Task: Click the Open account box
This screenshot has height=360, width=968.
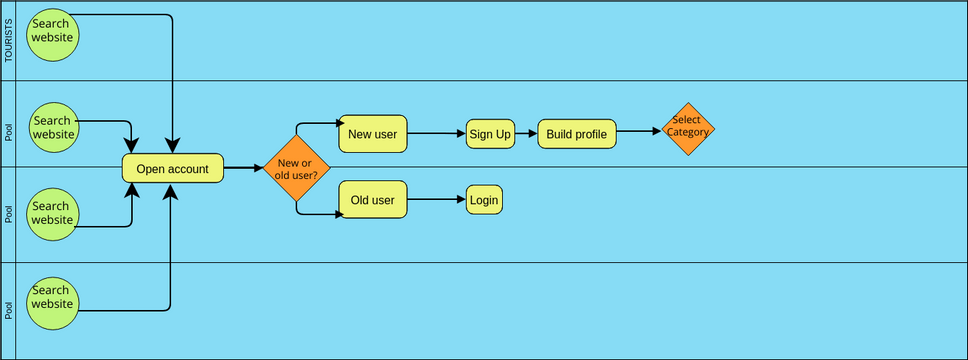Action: (172, 169)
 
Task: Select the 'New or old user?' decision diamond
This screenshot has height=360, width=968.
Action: (296, 169)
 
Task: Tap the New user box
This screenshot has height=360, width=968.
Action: (373, 133)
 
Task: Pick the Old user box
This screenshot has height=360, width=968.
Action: (373, 200)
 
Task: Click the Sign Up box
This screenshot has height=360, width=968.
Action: (490, 133)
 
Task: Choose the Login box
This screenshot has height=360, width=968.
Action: (483, 200)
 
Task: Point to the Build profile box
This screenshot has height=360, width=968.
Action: (577, 133)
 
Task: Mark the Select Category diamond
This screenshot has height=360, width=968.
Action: (687, 128)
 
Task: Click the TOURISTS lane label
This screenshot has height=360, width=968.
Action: (10, 41)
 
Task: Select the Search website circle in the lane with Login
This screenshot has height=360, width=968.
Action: (52, 214)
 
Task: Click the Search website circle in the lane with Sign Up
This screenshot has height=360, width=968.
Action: (52, 127)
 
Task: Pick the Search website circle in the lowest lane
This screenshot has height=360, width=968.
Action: (52, 303)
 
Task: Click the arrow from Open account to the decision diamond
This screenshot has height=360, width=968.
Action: (243, 169)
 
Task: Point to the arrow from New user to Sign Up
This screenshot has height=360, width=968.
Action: (437, 133)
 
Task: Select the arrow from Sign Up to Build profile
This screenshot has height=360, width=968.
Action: (526, 133)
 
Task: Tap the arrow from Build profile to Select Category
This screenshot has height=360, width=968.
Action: (639, 130)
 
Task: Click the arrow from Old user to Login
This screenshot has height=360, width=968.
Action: (437, 200)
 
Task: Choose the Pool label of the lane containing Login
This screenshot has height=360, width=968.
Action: (10, 214)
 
